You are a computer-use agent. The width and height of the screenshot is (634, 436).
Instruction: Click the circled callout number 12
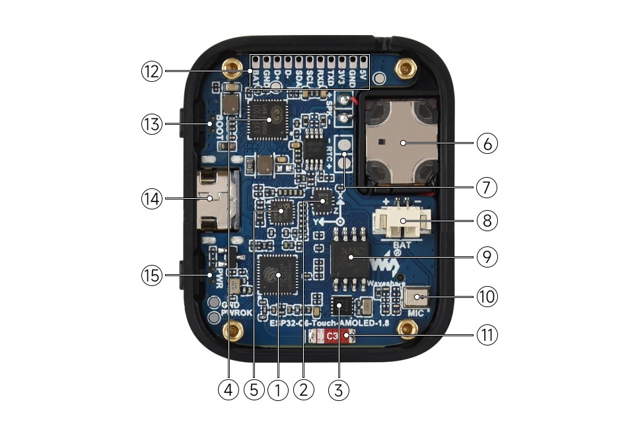[x=151, y=71]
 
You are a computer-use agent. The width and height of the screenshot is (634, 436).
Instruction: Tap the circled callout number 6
[x=487, y=143]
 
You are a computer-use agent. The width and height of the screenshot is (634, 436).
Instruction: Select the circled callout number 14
[x=151, y=198]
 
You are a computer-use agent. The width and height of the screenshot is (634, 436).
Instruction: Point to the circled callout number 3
[x=339, y=390]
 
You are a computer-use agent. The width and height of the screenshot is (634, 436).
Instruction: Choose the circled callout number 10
[x=487, y=297]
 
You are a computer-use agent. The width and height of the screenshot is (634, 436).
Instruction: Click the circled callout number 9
[x=487, y=256]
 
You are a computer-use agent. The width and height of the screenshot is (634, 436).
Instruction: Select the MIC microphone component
[x=415, y=299]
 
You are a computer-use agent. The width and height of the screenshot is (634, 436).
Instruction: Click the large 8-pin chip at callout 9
[x=350, y=258]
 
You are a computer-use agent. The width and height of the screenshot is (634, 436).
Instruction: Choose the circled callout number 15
[x=151, y=275]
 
